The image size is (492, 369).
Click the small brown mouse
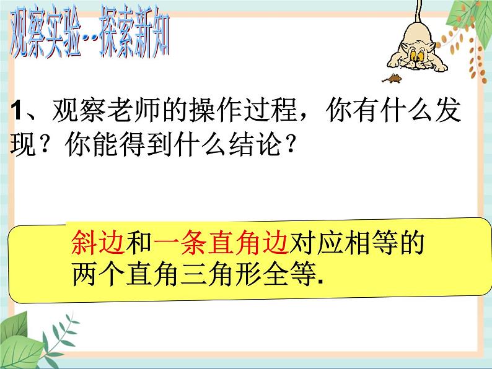click(x=393, y=79)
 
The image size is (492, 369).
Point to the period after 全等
click(x=324, y=282)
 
